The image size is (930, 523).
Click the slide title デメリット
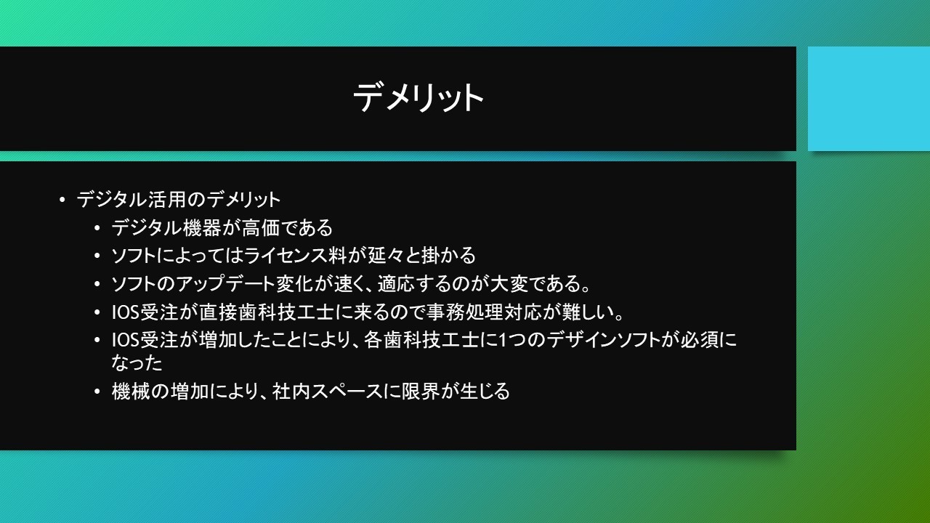click(x=418, y=97)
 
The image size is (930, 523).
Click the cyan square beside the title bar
click(x=869, y=99)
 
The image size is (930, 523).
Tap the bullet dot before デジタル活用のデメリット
click(x=62, y=200)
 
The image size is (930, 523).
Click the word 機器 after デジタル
click(x=201, y=227)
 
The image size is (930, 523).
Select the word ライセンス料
click(x=295, y=255)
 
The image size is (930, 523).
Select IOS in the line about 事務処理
click(x=125, y=312)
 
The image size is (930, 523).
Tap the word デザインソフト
click(x=603, y=340)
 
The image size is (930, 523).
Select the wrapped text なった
click(x=137, y=362)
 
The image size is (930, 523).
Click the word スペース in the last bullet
click(x=347, y=391)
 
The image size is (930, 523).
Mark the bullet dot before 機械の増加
click(x=97, y=392)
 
